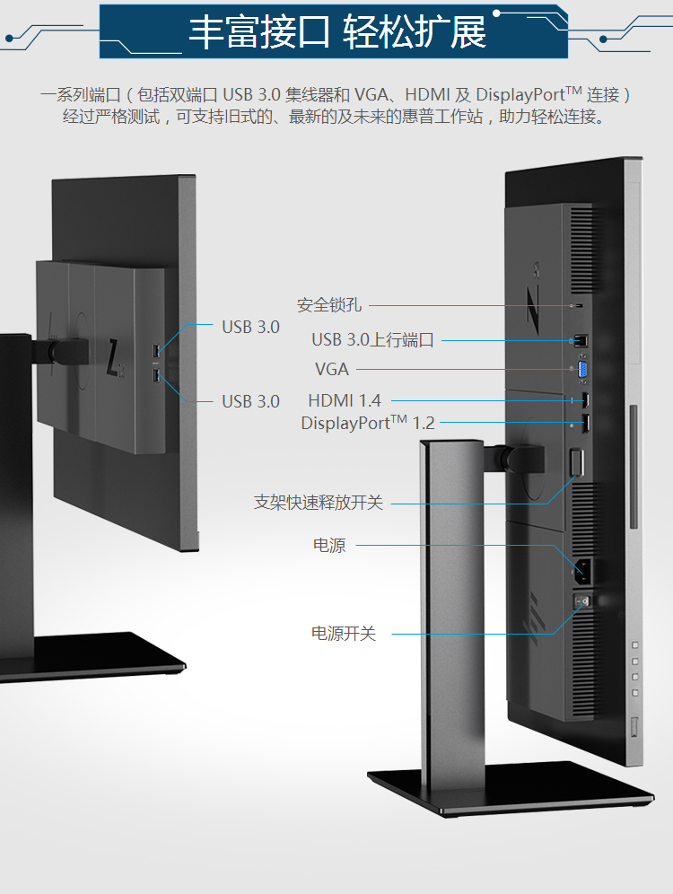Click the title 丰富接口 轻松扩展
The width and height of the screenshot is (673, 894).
point(336,32)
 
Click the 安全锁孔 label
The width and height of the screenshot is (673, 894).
point(329,305)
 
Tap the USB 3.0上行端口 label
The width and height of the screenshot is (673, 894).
point(372,340)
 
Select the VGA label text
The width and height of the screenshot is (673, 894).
point(332,369)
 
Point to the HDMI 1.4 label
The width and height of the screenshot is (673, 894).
point(345,401)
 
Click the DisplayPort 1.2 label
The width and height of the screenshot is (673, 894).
point(368,423)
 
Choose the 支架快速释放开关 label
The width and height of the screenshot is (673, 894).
point(319,503)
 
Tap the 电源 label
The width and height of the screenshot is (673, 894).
point(328,545)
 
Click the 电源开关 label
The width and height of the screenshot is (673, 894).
point(344,634)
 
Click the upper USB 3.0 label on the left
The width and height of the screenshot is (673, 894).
point(250,327)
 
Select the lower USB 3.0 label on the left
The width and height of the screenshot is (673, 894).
point(250,401)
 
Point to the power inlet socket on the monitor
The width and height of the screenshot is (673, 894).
point(581,567)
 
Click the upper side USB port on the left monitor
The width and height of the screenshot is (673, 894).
point(158,349)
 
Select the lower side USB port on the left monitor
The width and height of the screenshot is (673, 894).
point(158,374)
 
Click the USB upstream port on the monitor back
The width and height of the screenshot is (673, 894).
point(580,340)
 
